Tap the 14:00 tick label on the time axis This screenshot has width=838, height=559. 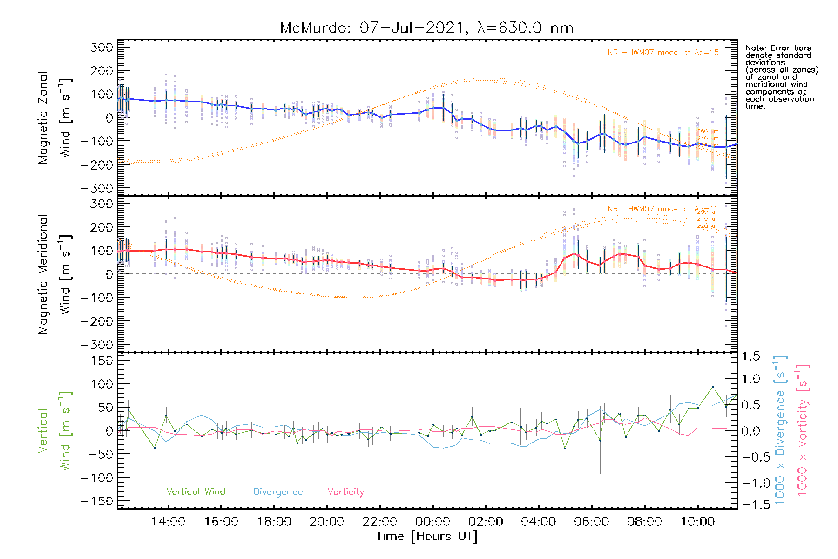(x=168, y=522)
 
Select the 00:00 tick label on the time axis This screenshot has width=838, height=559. (x=433, y=522)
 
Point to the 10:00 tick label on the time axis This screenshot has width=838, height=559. (x=697, y=522)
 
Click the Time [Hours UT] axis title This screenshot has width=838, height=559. (x=427, y=536)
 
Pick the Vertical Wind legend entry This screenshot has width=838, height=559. (x=196, y=492)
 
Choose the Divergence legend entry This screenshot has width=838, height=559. (x=278, y=492)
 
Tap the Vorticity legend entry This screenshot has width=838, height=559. (x=345, y=492)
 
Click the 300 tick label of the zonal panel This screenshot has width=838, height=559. (x=102, y=47)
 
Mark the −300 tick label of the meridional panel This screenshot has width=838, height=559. (x=97, y=345)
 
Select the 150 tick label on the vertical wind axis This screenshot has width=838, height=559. (x=102, y=361)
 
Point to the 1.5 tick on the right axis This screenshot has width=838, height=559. (x=750, y=356)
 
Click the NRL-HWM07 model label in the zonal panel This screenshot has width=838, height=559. (x=663, y=53)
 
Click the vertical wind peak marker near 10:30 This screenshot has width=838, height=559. (x=713, y=387)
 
